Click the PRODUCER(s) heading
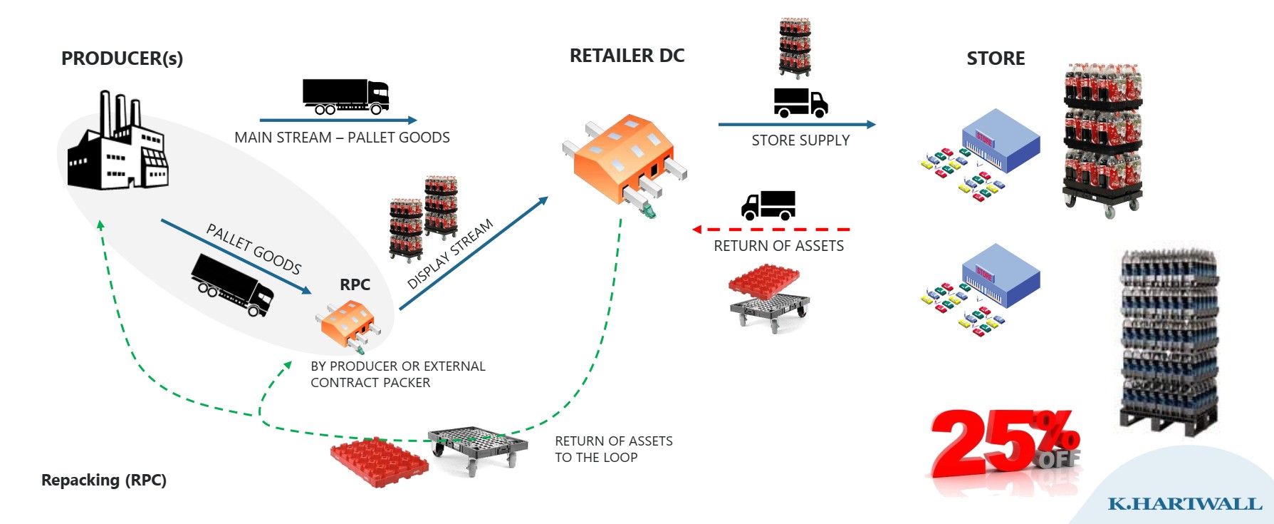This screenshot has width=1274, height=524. tap(122, 58)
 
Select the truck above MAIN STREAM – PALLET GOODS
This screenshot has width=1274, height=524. tap(346, 96)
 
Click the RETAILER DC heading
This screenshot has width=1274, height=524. tap(627, 56)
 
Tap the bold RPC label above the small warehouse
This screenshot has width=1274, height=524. tap(355, 284)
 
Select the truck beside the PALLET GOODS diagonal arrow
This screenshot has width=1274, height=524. tap(232, 284)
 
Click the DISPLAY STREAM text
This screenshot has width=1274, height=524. tap(449, 254)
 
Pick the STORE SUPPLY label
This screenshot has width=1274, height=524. tap(800, 140)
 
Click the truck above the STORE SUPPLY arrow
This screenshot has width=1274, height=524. tap(800, 103)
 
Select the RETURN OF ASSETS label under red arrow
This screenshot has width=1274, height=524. tap(778, 246)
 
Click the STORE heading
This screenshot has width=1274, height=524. tap(996, 58)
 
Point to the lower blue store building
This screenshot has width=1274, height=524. tap(1000, 276)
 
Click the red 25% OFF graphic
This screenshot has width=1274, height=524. tap(1004, 443)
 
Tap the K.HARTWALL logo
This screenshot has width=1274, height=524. tap(1184, 504)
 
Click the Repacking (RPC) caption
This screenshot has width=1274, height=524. tap(104, 480)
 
